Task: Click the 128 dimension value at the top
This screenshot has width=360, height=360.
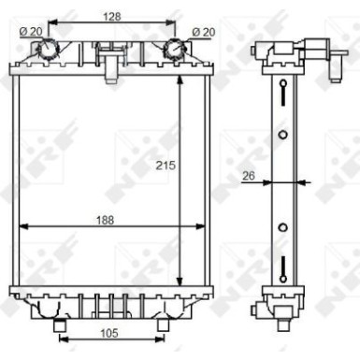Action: pyautogui.click(x=112, y=17)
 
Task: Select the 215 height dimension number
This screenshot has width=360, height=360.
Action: pyautogui.click(x=166, y=166)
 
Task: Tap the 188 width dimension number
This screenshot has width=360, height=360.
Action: pyautogui.click(x=105, y=220)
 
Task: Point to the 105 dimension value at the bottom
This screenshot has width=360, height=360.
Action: pyautogui.click(x=109, y=333)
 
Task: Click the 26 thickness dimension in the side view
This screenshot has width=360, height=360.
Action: pyautogui.click(x=249, y=176)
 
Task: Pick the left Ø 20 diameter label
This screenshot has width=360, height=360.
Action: pyautogui.click(x=31, y=31)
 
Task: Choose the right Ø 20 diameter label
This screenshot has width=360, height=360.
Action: pyautogui.click(x=204, y=32)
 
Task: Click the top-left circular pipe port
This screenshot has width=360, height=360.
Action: pyautogui.click(x=48, y=49)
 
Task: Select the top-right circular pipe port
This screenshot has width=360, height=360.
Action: pyautogui.click(x=175, y=49)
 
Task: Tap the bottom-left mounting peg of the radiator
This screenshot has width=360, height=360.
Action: pyautogui.click(x=59, y=324)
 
